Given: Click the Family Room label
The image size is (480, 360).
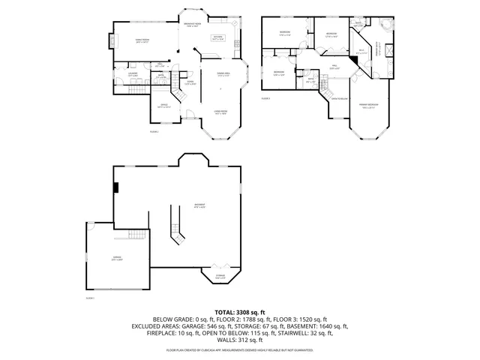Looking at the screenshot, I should click(141, 42).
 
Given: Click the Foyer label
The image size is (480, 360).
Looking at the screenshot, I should click(191, 82).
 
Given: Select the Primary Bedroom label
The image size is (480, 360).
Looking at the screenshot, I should click(367, 106).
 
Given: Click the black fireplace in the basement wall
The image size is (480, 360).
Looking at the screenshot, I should click(115, 188).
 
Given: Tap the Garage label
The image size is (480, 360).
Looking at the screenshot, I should click(117, 259).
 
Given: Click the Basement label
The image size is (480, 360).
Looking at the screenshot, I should click(200, 205).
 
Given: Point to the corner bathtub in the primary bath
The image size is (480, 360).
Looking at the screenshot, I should click(385, 28).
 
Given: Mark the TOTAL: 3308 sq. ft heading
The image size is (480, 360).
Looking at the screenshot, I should click(240, 311).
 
